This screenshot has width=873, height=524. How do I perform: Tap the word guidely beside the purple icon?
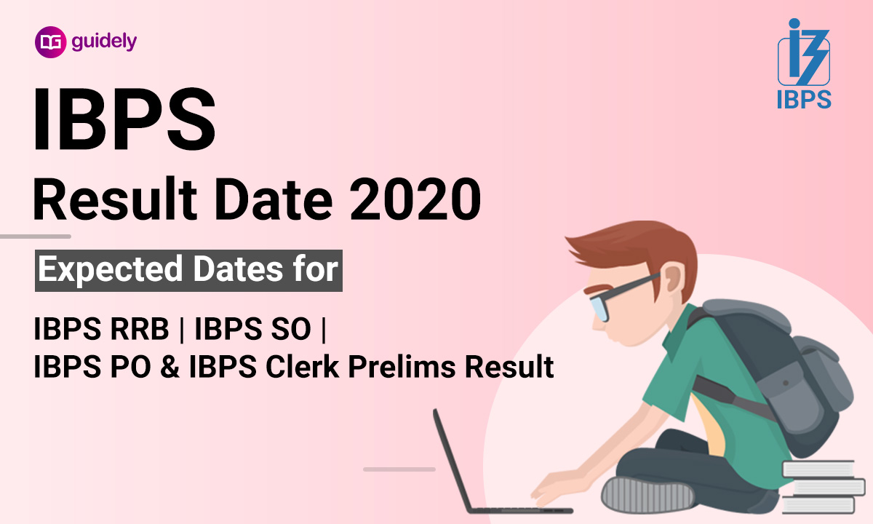[104, 42]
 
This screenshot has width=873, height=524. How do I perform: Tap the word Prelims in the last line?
[404, 366]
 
